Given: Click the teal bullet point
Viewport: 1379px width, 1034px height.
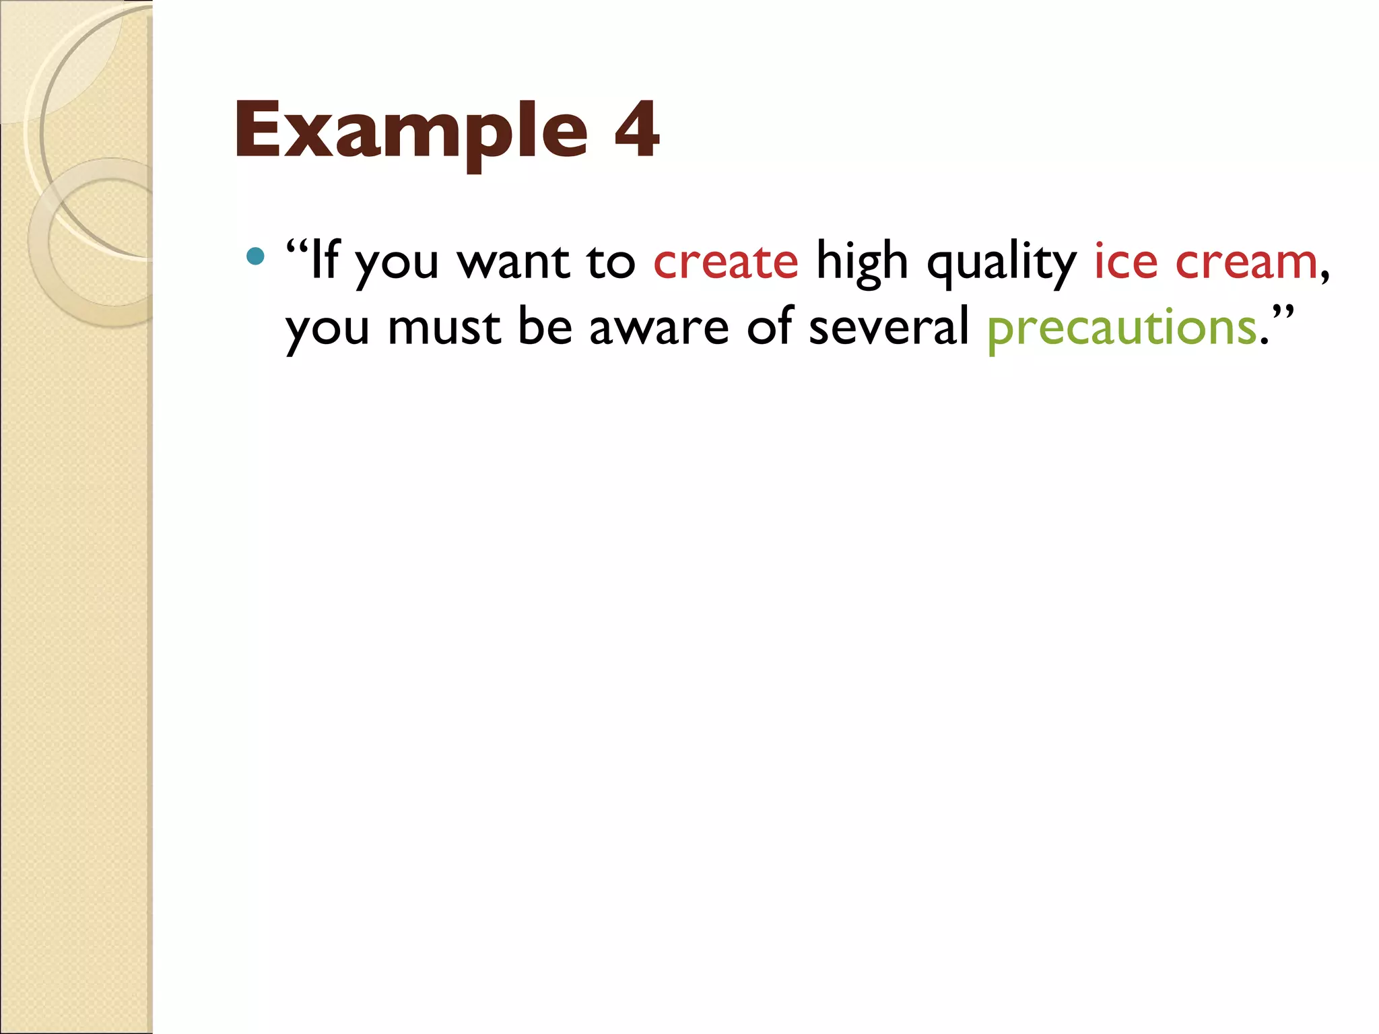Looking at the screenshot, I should point(255,256).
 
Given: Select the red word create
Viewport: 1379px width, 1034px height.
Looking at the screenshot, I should point(725,261).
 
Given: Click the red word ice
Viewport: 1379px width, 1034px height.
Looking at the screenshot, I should point(1125,261).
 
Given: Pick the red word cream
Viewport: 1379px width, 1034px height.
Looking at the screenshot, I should point(1246,261).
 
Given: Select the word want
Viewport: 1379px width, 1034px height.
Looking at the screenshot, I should point(513,261).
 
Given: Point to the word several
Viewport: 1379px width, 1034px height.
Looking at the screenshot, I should point(888,326).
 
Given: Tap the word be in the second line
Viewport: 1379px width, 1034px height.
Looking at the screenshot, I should point(545,326).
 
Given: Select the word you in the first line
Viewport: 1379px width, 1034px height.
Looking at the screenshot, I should point(397,264).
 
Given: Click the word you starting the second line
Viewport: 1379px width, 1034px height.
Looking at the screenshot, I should point(327,330).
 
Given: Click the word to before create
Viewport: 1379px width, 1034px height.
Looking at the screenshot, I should point(611,261).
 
